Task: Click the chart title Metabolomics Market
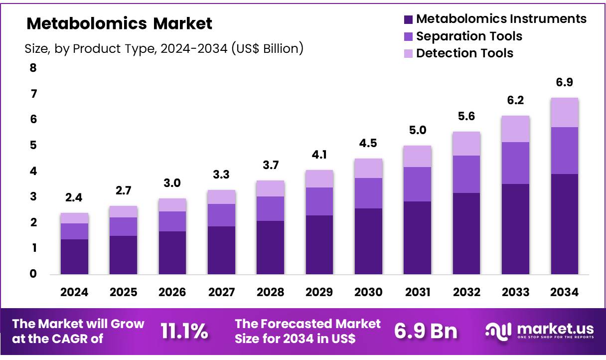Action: click(x=119, y=23)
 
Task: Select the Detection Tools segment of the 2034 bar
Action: click(x=565, y=113)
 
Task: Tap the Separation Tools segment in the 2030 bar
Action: click(x=368, y=193)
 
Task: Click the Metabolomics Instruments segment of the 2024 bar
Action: click(x=74, y=256)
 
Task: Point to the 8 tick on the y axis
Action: click(x=33, y=68)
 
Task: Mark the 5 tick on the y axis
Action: click(x=33, y=145)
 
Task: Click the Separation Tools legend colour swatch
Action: click(x=408, y=36)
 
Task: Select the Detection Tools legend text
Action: click(x=464, y=53)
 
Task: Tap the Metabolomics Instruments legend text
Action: click(x=501, y=19)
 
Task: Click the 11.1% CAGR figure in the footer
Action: click(x=184, y=331)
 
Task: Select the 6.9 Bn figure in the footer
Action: click(x=426, y=331)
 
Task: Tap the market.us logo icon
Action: click(x=499, y=331)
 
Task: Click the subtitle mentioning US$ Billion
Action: click(x=164, y=49)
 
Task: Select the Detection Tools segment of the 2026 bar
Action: click(x=172, y=205)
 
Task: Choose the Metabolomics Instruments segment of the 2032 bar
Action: click(x=466, y=233)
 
